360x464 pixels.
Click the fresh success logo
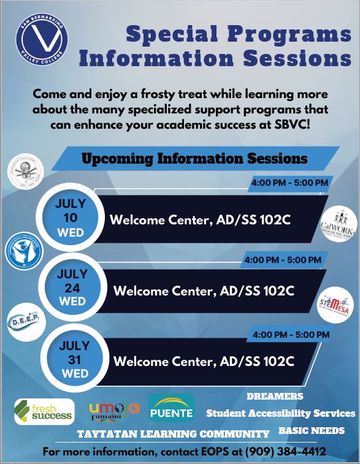click(x=44, y=412)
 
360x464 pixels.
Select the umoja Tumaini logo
click(x=114, y=411)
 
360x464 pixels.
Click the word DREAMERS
click(x=275, y=396)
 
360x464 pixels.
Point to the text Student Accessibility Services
click(x=280, y=413)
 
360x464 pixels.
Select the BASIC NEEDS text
click(x=312, y=431)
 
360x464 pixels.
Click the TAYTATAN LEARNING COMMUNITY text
click(x=173, y=434)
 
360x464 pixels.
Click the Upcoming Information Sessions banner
click(x=194, y=159)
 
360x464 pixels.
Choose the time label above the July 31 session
click(x=291, y=335)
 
